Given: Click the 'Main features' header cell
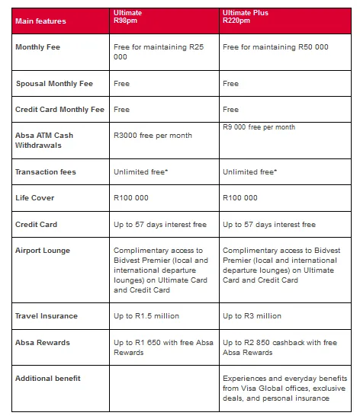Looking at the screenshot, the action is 41,21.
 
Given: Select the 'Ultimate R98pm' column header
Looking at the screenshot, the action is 127,18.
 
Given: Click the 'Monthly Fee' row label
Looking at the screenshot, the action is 37,46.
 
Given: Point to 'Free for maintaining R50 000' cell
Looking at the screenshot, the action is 275,46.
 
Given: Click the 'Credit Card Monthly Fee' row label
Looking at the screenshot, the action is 59,110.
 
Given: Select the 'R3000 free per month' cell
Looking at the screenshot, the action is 152,135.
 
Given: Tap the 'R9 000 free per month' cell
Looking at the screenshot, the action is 259,127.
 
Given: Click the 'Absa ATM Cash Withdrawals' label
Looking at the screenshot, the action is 44,140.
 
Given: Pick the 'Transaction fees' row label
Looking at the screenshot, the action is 46,172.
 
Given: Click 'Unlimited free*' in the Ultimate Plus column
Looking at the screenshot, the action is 249,172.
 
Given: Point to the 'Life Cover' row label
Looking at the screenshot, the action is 34,198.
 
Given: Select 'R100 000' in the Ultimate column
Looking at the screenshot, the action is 130,198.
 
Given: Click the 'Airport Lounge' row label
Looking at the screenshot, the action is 43,250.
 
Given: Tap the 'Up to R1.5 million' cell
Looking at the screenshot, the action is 145,315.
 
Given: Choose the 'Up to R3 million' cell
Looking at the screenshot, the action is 252,315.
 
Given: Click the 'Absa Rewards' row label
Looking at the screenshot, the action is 43,342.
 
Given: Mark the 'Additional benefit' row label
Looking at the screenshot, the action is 48,378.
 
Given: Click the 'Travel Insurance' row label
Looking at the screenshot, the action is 47,315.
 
